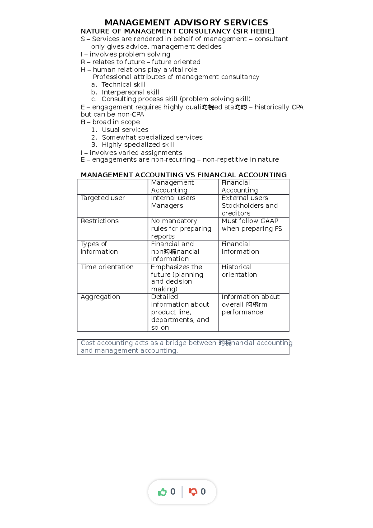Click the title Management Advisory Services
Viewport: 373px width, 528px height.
[186, 22]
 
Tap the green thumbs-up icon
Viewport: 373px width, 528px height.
[162, 492]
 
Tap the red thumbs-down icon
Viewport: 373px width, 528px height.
[193, 492]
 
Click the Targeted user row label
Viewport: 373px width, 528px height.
[103, 198]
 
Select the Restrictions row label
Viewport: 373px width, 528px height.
[99, 221]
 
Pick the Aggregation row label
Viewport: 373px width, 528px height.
[100, 297]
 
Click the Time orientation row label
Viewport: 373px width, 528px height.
[107, 267]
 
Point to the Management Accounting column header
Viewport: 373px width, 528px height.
[172, 187]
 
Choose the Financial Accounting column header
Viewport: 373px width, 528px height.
[240, 187]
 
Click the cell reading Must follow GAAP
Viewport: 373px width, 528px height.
[252, 225]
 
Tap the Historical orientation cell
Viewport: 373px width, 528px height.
[239, 271]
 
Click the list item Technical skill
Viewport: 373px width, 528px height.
[123, 85]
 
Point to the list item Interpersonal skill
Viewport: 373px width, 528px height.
[130, 92]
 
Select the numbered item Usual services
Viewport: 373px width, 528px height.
[125, 130]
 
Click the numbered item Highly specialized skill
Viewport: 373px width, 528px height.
[138, 145]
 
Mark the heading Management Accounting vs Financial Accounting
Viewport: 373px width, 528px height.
[183, 175]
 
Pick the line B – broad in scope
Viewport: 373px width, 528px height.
[110, 122]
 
